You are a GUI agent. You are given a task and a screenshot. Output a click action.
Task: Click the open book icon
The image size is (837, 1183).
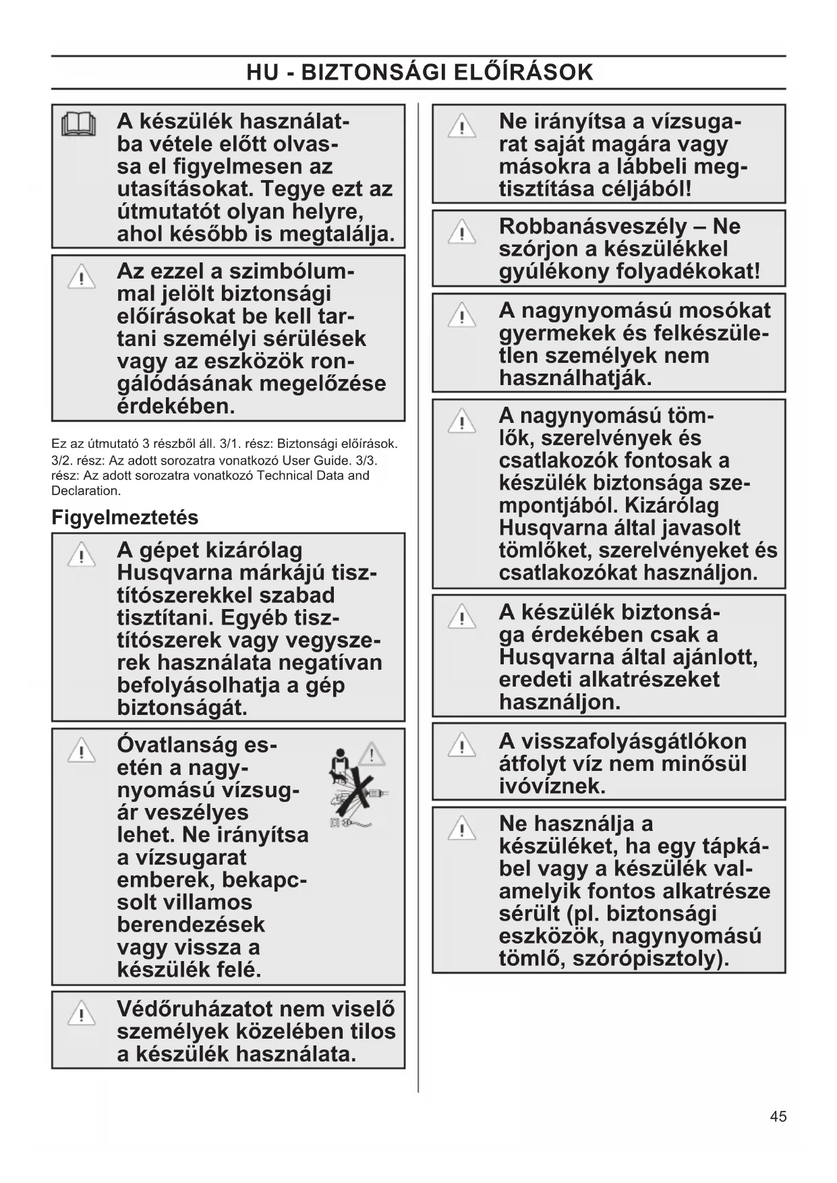pyautogui.click(x=79, y=125)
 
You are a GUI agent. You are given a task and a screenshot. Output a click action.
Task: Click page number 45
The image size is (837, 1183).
pyautogui.click(x=778, y=1116)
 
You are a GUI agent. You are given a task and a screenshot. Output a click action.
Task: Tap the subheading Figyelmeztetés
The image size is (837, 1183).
pyautogui.click(x=125, y=517)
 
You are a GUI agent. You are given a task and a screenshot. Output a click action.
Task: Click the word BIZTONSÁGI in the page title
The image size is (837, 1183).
pyautogui.click(x=374, y=72)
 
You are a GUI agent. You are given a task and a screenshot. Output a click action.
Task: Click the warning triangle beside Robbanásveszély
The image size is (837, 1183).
pyautogui.click(x=462, y=232)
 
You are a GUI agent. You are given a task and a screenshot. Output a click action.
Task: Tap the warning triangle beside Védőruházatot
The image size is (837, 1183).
pyautogui.click(x=81, y=1014)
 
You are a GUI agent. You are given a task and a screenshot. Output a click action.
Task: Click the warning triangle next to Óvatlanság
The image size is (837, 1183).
pyautogui.click(x=81, y=750)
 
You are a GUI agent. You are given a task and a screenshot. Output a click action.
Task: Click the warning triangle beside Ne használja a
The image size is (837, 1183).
pyautogui.click(x=462, y=828)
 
